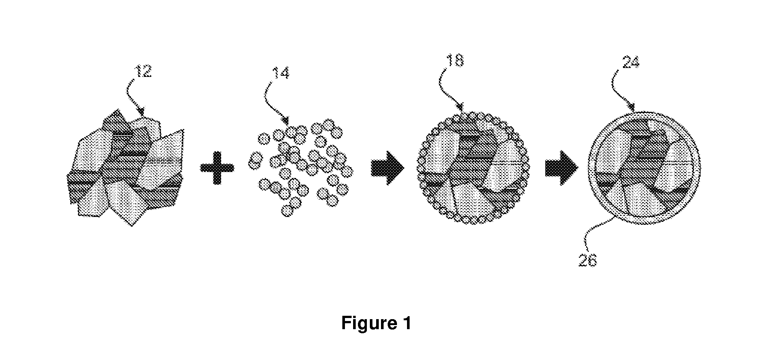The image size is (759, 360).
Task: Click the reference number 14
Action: click(x=281, y=74)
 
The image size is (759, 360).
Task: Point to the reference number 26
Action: click(x=588, y=260)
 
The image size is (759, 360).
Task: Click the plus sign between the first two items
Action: click(x=217, y=168)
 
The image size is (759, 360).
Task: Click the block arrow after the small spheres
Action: click(x=388, y=168)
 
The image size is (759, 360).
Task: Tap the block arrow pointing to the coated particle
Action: click(x=562, y=168)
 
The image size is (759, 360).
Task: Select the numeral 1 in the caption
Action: click(x=406, y=323)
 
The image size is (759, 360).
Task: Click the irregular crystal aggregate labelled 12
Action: click(x=125, y=168)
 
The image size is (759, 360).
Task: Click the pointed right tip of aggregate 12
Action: click(x=184, y=130)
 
